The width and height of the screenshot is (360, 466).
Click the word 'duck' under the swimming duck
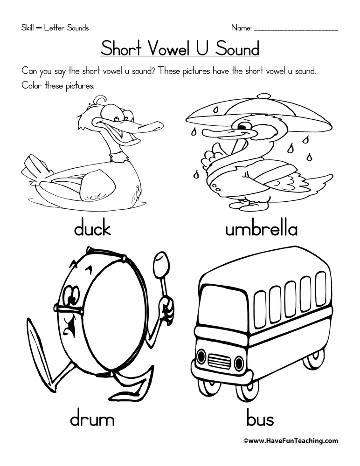(92, 228)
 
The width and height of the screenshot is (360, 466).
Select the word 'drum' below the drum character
(92, 419)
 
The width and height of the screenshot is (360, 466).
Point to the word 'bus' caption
(260, 419)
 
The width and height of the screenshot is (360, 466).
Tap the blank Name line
(296, 31)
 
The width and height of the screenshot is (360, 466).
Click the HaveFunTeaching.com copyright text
(291, 441)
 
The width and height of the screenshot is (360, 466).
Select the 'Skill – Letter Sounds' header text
(55, 28)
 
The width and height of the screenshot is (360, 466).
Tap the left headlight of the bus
(201, 356)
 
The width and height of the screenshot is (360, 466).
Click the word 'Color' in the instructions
(32, 86)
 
